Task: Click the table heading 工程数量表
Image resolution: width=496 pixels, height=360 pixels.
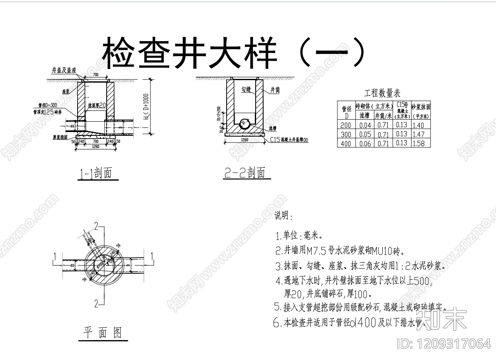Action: (382, 93)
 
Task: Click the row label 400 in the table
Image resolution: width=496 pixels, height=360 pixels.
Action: (346, 144)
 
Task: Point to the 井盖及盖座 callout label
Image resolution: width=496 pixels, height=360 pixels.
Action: (64, 70)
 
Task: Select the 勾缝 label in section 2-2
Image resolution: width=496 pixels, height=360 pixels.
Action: (246, 89)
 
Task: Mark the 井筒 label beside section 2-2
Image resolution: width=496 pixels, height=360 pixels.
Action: (275, 90)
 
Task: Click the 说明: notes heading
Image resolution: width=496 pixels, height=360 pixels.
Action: (283, 217)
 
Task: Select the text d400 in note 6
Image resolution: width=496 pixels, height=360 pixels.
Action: (363, 322)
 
